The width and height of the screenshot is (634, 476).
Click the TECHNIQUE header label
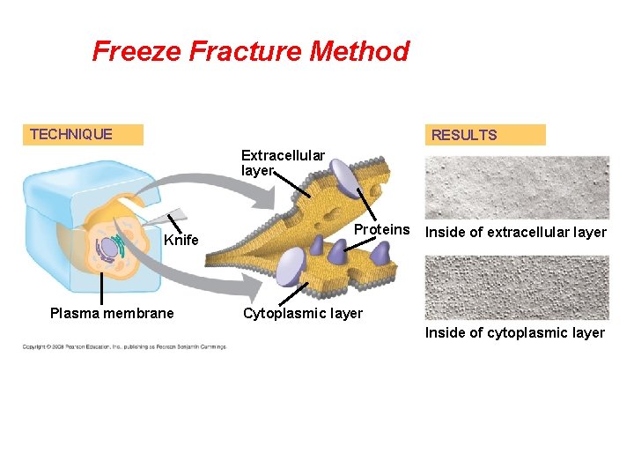[71, 134]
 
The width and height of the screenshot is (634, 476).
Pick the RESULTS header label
[464, 135]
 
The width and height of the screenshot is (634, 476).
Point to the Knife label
[181, 241]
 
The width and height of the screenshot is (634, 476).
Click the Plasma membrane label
[112, 313]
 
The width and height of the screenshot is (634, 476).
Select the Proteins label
[381, 230]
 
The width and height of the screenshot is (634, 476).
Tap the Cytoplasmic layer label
[302, 314]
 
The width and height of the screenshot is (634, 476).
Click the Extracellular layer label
[283, 163]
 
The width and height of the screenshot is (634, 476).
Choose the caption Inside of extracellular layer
[515, 233]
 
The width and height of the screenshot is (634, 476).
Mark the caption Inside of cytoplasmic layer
[514, 332]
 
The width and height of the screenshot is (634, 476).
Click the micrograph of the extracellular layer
[517, 187]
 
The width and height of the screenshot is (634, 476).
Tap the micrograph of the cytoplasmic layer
[517, 287]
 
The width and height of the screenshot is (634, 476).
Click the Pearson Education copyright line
[124, 346]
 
